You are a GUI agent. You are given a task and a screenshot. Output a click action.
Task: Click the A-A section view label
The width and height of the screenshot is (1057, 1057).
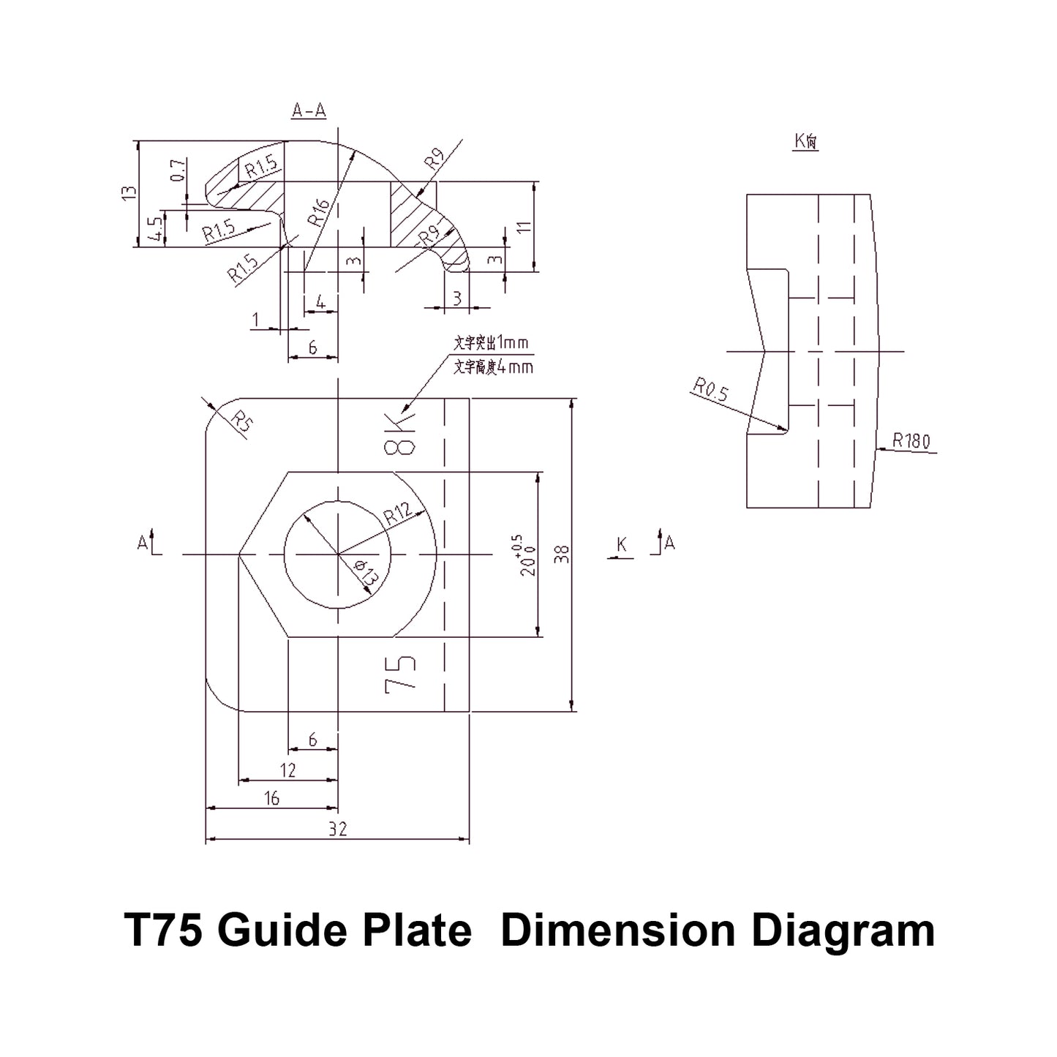click(x=309, y=110)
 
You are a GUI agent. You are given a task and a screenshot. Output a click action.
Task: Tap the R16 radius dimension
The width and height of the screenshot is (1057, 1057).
click(x=320, y=211)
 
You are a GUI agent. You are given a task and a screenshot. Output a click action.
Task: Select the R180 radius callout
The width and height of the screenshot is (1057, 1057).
click(x=911, y=441)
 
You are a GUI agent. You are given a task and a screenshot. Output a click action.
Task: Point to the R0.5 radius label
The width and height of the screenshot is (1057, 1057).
click(x=711, y=390)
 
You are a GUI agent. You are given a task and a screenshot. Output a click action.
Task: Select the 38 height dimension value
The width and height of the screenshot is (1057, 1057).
click(x=562, y=554)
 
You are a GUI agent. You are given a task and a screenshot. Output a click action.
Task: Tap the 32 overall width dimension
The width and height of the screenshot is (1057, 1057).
click(x=338, y=829)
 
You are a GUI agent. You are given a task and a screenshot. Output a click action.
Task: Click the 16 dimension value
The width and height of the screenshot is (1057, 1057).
click(x=271, y=798)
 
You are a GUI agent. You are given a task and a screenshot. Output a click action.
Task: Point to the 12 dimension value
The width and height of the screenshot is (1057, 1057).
click(x=287, y=770)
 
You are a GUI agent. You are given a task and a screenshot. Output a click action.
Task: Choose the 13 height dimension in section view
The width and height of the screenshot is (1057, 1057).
click(x=129, y=194)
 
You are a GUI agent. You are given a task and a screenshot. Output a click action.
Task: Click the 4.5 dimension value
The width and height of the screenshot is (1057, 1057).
click(x=155, y=229)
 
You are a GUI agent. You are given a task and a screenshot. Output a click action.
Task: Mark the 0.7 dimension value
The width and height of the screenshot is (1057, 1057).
click(x=177, y=170)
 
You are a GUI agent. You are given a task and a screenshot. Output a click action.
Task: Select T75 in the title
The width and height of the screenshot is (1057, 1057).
click(x=164, y=931)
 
